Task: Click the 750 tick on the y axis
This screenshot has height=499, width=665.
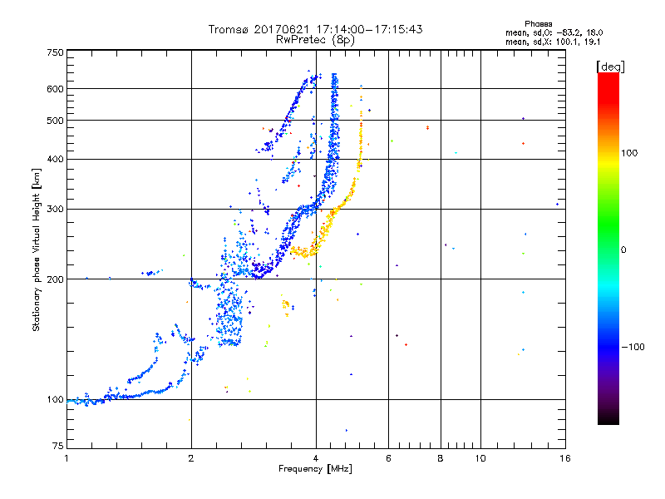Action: (55, 52)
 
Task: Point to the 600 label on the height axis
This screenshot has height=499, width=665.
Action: (55, 88)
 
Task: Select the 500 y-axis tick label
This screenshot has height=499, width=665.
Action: (55, 120)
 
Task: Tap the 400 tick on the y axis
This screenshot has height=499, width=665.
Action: (55, 159)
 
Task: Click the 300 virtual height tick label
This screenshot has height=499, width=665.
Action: (55, 209)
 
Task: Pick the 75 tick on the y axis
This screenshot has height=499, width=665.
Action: (57, 447)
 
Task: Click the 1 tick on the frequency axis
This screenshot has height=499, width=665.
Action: (66, 457)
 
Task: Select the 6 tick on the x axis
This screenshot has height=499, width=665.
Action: (389, 457)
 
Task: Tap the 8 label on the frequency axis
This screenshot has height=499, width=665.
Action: (441, 457)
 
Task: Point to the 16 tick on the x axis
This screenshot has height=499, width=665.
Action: (564, 457)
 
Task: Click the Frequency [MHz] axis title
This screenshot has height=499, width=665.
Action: (315, 469)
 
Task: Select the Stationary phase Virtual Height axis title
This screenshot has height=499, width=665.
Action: (37, 249)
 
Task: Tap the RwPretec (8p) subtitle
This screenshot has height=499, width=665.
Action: (315, 39)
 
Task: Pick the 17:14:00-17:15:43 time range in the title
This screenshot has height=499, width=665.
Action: (370, 29)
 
